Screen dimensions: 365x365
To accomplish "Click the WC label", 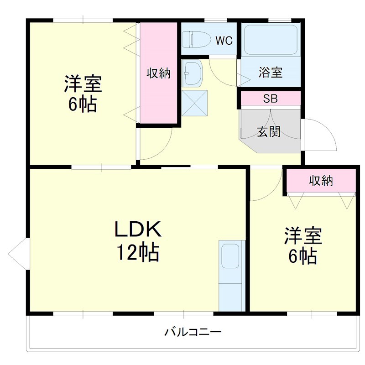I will [224, 41].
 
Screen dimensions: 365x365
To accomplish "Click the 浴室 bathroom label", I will [270, 72].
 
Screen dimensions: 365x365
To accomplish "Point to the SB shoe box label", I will [270, 99].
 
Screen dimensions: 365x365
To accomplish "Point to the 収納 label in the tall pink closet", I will [158, 73].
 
